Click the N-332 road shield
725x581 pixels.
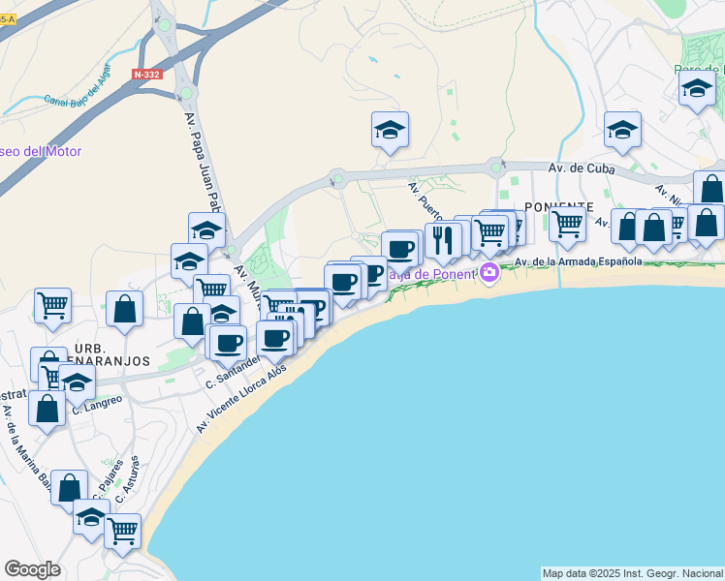[x=147, y=75]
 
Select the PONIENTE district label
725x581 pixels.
[x=558, y=207]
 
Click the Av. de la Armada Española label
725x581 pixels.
[x=579, y=261]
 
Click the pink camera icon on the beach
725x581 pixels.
[x=489, y=272]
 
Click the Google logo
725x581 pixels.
[x=32, y=569]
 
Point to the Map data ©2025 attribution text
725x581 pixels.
[x=632, y=573]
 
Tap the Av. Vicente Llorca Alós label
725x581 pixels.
[x=242, y=400]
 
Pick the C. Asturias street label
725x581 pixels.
[x=128, y=478]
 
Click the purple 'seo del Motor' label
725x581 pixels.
[x=41, y=151]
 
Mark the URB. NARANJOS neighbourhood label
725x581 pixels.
[x=110, y=354]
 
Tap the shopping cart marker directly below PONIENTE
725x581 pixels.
[x=566, y=225]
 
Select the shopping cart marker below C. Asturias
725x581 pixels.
[x=123, y=530]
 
